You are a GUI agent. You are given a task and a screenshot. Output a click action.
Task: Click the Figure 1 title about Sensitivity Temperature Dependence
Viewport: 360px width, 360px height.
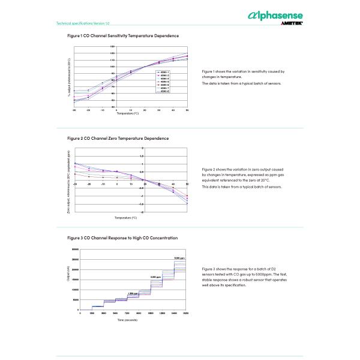[122, 36]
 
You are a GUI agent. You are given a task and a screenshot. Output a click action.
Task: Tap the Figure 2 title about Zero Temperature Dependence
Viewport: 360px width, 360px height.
[118, 138]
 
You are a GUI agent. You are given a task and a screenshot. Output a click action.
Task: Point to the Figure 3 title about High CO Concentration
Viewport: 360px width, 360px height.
[122, 238]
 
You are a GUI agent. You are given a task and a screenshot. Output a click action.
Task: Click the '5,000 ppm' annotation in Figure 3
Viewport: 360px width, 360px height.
[180, 258]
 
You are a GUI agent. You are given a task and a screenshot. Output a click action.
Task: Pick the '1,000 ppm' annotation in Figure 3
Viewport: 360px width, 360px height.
[133, 293]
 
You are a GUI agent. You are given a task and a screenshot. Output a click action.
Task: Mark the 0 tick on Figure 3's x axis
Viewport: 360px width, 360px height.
[80, 313]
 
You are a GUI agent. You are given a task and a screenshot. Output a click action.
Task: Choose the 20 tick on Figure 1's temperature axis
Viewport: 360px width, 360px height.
[159, 110]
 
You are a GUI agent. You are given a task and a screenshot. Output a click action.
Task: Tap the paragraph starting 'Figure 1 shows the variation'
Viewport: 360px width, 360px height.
[243, 74]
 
